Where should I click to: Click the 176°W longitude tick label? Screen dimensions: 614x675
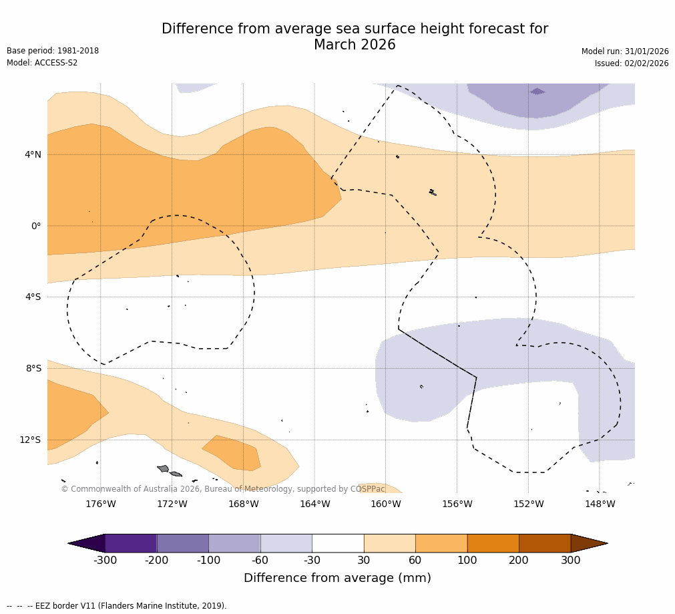(x=100, y=504)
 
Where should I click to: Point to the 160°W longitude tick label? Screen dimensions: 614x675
(x=386, y=504)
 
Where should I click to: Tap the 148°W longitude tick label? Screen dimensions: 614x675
(x=600, y=504)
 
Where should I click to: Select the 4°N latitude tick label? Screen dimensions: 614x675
(x=33, y=155)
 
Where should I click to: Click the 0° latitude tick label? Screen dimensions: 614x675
(x=36, y=226)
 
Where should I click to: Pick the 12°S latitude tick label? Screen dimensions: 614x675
(x=30, y=440)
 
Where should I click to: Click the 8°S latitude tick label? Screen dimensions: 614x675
(x=33, y=369)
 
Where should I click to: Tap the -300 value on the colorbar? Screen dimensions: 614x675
(x=105, y=561)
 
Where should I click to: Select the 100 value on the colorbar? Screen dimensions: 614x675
(x=467, y=561)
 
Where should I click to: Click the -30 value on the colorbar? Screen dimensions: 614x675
(x=312, y=561)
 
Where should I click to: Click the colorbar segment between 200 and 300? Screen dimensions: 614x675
(x=545, y=543)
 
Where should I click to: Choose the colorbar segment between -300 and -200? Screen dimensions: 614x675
(x=131, y=543)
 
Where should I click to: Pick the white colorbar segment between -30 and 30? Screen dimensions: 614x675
(x=338, y=543)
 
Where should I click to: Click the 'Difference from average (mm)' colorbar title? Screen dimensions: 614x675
(x=337, y=579)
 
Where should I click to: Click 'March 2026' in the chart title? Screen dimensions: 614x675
(x=355, y=45)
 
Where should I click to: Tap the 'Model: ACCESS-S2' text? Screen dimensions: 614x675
(x=42, y=63)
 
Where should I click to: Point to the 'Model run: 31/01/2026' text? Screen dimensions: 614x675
(x=625, y=52)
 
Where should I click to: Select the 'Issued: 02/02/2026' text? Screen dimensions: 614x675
(x=632, y=64)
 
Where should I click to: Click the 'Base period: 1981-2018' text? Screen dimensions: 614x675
(x=53, y=51)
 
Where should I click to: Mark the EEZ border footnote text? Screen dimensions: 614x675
(x=117, y=606)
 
